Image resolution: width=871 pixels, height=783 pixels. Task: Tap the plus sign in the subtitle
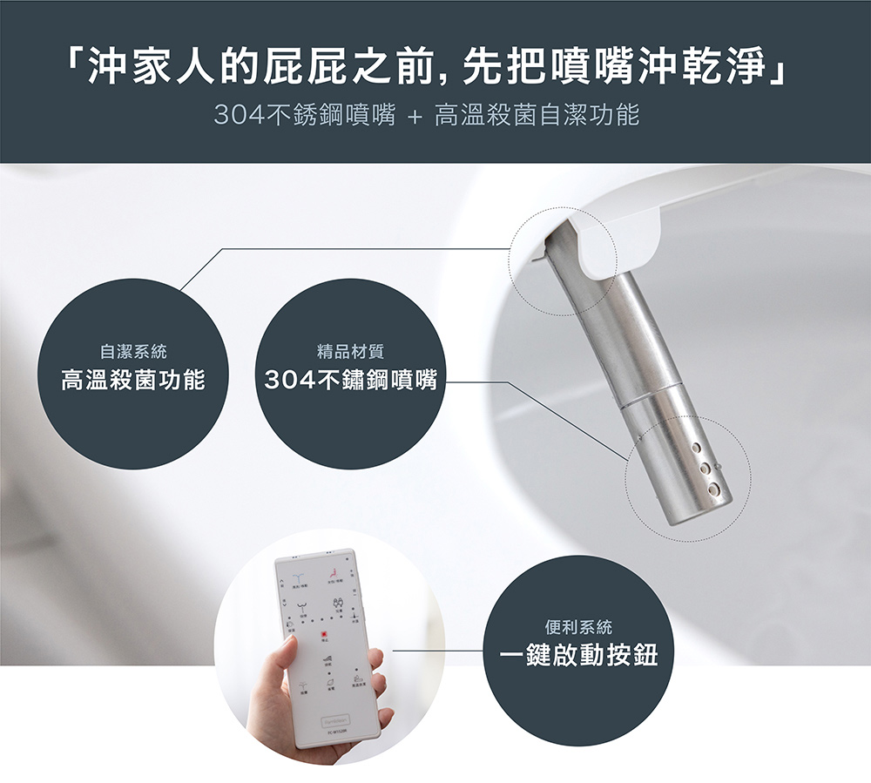[x=415, y=116]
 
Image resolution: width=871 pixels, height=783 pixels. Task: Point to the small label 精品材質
[x=351, y=352]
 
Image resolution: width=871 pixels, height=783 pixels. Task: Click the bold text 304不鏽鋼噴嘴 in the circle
[x=351, y=380]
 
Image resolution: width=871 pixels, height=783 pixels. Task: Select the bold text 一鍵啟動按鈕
[x=578, y=655]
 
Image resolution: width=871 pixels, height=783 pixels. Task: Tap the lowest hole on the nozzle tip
[x=713, y=489]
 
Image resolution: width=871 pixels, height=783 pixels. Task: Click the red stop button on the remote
[x=324, y=635]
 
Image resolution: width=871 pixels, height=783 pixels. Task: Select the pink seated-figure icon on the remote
[x=334, y=578]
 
